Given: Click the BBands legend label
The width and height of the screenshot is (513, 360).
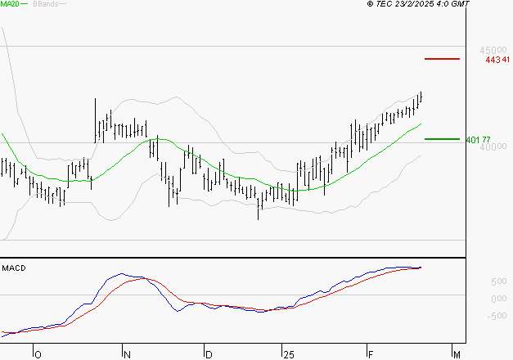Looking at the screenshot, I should pos(43,5).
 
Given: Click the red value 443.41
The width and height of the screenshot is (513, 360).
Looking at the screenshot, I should pos(497,59).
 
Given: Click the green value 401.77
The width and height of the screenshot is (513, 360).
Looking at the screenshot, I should pos(478,140).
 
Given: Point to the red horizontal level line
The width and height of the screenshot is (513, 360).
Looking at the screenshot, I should pos(442,59).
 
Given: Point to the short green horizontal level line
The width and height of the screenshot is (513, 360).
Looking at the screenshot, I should pos(442,139).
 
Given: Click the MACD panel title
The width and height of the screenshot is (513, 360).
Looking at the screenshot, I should pos(13,268).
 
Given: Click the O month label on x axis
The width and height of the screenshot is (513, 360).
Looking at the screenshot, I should pos(37,354).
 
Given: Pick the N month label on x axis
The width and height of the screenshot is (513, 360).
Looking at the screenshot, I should pos(127,354).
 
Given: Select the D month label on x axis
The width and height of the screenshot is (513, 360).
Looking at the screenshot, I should pos(209,354).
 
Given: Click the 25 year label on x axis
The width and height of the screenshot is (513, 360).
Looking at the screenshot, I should pos(286,354).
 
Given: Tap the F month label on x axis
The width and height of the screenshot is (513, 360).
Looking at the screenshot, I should pos(369,354).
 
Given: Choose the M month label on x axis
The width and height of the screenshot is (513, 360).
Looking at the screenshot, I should pos(457,354).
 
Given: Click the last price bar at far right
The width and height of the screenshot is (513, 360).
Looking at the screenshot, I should pos(421,97).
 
